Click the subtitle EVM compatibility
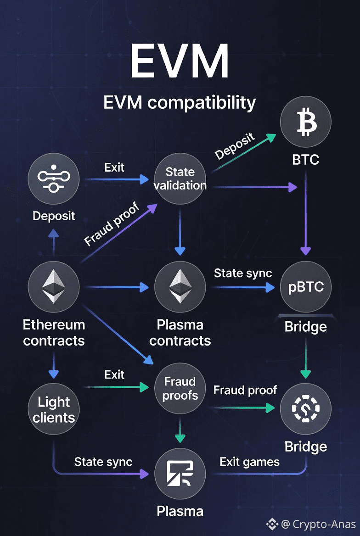[x=180, y=102]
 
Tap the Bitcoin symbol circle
[x=306, y=122]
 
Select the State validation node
[x=180, y=179]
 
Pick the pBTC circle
[x=306, y=287]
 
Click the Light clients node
[x=54, y=409]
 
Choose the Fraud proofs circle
[x=180, y=388]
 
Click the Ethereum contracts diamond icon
[x=54, y=286]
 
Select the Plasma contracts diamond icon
[x=180, y=286]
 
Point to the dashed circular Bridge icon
[x=306, y=408]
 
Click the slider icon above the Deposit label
[x=54, y=179]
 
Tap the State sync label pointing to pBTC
[x=243, y=274]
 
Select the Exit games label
[x=249, y=462]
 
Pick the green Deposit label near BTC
[x=235, y=146]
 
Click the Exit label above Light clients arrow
[x=114, y=374]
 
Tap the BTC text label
[x=306, y=160]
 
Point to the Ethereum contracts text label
[x=54, y=333]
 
